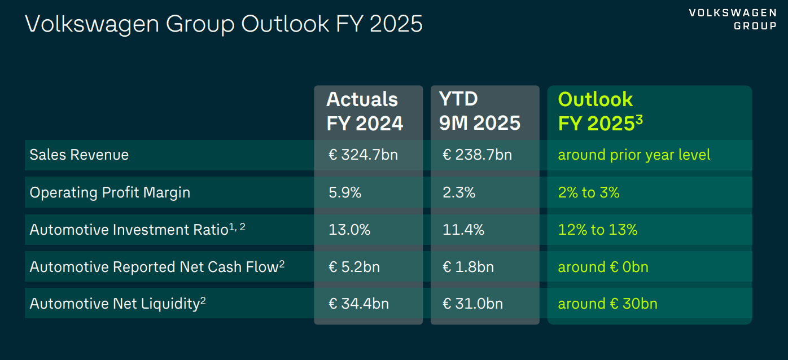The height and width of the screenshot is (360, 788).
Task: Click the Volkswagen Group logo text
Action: click(732, 19)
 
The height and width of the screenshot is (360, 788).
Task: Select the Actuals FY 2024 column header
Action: click(365, 111)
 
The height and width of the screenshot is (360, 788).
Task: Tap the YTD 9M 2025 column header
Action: click(480, 111)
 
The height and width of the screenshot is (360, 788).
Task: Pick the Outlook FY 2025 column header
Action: click(600, 111)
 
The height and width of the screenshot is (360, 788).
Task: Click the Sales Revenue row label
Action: click(79, 155)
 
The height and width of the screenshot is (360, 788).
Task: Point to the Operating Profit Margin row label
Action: click(110, 192)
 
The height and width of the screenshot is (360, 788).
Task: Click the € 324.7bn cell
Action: click(363, 155)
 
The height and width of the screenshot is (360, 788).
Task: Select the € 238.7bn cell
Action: click(477, 155)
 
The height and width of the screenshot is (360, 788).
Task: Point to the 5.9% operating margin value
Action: click(345, 192)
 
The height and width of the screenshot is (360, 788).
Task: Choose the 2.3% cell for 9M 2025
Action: click(459, 192)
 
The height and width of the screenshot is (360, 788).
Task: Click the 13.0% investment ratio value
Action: click(349, 230)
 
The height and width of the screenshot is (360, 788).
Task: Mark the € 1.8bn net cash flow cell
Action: click(468, 267)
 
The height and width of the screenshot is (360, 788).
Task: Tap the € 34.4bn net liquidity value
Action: click(358, 304)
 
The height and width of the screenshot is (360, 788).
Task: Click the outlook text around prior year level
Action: click(634, 155)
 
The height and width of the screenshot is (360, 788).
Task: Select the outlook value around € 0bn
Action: click(603, 267)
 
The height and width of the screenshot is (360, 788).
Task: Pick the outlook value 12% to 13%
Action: click(598, 230)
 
